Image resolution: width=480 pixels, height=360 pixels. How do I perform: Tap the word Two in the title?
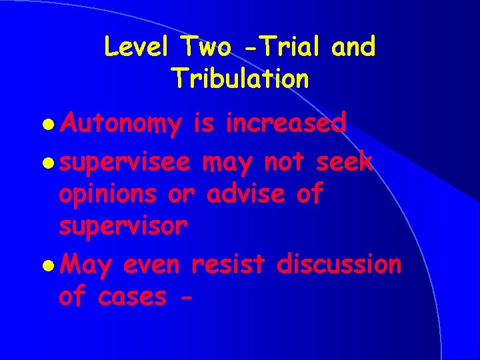click(x=204, y=47)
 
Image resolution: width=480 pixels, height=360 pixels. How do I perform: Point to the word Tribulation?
click(x=240, y=78)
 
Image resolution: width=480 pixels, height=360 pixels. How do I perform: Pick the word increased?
click(x=285, y=123)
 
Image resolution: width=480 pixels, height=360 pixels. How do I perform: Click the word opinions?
click(x=106, y=195)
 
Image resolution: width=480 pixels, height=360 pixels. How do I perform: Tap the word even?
click(x=152, y=264)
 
